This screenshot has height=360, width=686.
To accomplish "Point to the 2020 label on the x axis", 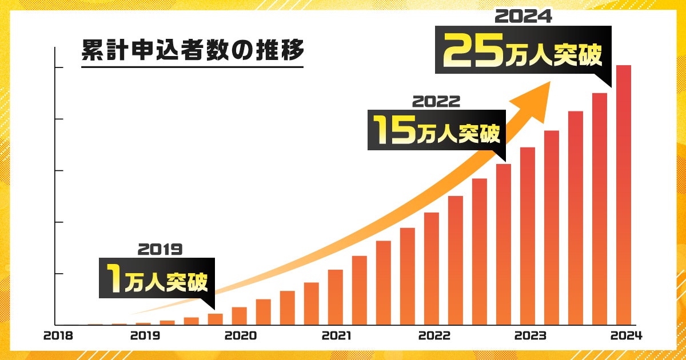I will click(x=240, y=336).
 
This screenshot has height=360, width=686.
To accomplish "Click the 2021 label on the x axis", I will click(x=337, y=336).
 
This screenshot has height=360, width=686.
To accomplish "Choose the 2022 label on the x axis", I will click(x=434, y=336).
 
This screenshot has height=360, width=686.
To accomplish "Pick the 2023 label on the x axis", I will click(x=530, y=336).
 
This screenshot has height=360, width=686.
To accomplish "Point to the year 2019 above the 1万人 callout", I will click(x=159, y=249).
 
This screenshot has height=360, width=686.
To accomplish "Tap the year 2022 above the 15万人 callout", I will click(x=436, y=101).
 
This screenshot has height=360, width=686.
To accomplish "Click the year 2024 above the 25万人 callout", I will click(x=523, y=17).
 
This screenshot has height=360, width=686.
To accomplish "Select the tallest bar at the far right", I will click(x=623, y=194).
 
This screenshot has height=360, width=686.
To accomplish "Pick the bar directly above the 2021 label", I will click(x=336, y=297).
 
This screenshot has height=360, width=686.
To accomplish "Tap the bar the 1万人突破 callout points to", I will click(x=215, y=319).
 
